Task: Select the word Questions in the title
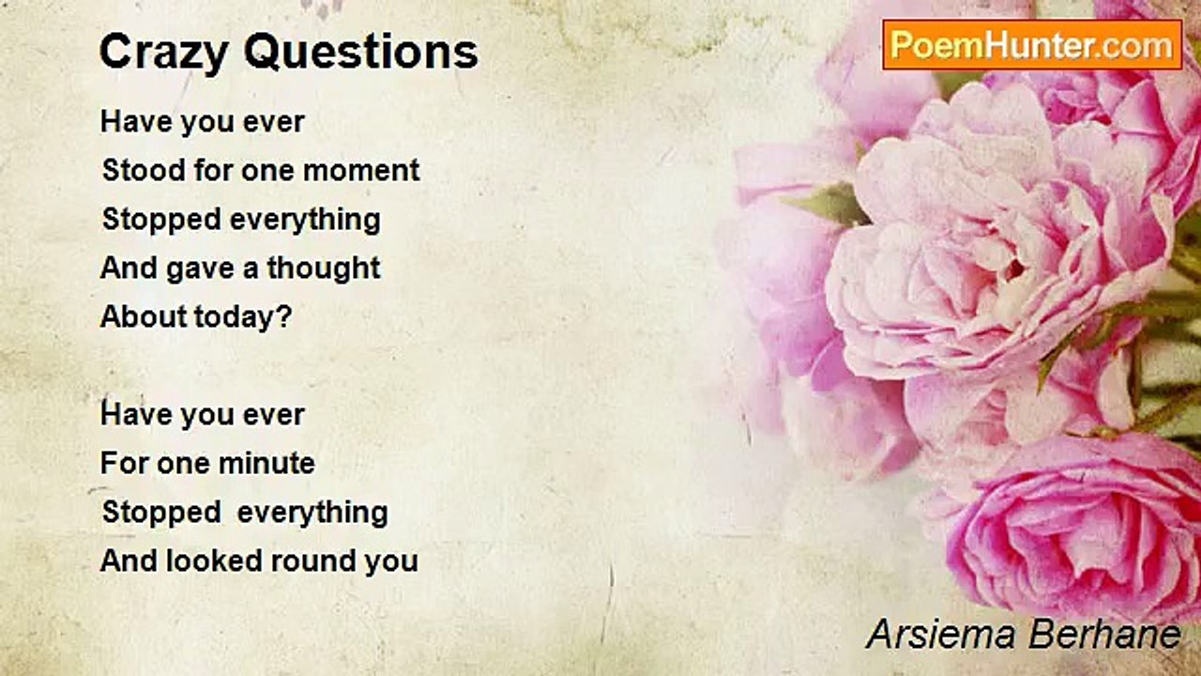point(361,52)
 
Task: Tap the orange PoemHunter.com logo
point(1032,45)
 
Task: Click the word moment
point(361,171)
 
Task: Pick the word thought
point(324,268)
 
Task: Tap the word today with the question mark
point(243,316)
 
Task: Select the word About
point(144,316)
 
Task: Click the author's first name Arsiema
point(941,634)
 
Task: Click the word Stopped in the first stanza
point(161,221)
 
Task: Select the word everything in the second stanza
point(312,514)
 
